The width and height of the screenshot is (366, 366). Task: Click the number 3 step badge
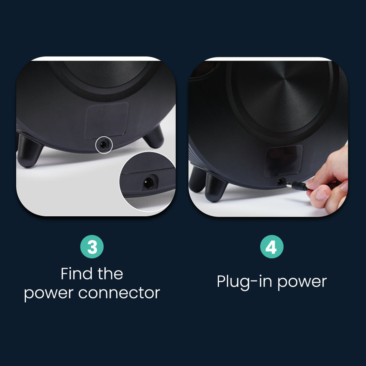92,247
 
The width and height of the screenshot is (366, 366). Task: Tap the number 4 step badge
272,247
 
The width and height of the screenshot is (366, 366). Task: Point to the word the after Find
110,274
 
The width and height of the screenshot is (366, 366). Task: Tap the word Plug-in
244,282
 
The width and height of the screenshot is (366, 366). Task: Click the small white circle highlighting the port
104,145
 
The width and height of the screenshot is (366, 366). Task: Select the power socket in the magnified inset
148,183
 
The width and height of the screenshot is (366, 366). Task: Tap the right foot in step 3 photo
154,137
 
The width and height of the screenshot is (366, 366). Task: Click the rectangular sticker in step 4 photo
283,161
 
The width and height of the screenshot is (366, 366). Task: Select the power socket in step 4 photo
281,182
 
